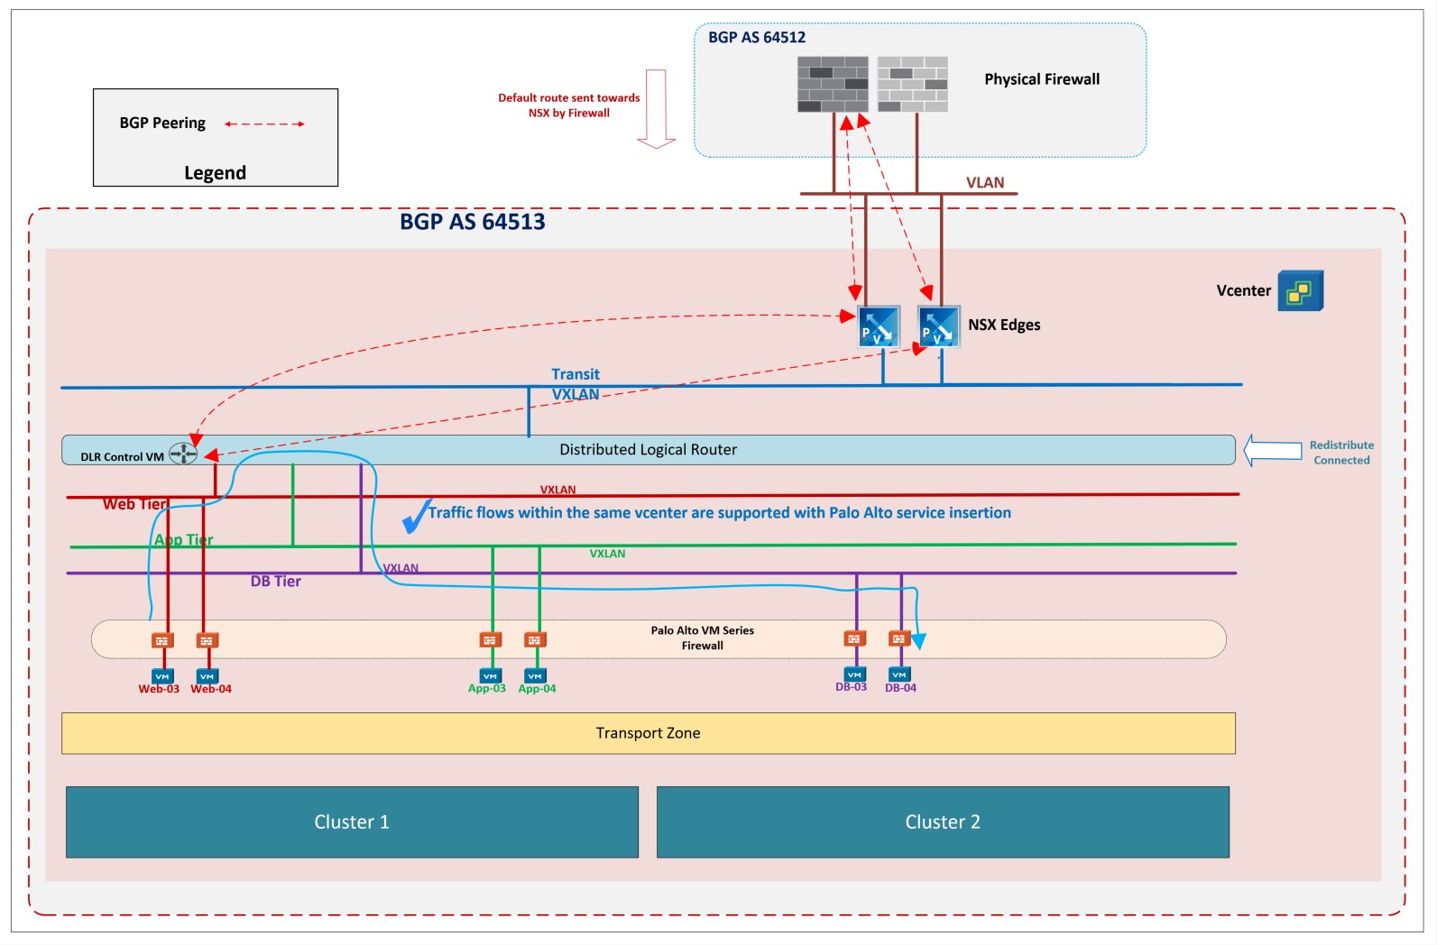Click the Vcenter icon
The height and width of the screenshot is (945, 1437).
[x=1300, y=291]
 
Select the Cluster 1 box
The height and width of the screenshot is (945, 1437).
[x=352, y=821]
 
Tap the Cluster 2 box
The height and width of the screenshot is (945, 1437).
[x=943, y=821]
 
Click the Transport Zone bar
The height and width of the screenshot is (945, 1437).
[x=648, y=733]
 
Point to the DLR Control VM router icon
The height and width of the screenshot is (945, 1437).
[x=183, y=454]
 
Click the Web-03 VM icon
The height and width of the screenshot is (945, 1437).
[x=162, y=676]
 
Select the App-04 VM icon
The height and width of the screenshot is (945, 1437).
[x=535, y=676]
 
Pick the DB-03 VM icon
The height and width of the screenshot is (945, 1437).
[x=854, y=674]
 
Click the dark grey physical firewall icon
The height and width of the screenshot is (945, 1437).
[x=833, y=84]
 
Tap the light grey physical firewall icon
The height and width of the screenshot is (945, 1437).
[x=912, y=84]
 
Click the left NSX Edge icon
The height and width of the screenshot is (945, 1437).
[x=878, y=326]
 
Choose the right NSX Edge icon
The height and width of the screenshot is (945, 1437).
[x=938, y=326]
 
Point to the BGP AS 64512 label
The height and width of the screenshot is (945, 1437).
[x=757, y=37]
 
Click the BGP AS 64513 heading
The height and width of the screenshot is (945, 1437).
[x=473, y=222]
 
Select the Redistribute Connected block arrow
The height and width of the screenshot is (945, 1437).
[x=1273, y=450]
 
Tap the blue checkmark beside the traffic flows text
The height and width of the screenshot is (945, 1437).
[x=416, y=516]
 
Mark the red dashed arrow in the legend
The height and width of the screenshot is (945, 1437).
[x=264, y=124]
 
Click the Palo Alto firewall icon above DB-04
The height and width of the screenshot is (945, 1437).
[x=898, y=638]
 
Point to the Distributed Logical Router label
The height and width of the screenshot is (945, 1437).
[x=648, y=449]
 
